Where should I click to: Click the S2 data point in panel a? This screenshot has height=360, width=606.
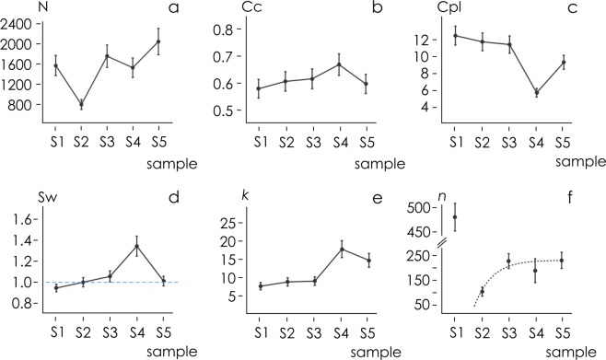click(81, 104)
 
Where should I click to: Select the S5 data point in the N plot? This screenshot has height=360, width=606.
click(157, 41)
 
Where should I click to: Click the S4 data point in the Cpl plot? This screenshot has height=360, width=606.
click(535, 92)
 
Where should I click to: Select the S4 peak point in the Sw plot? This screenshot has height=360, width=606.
click(136, 246)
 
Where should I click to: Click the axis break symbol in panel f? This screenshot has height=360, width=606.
click(442, 243)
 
